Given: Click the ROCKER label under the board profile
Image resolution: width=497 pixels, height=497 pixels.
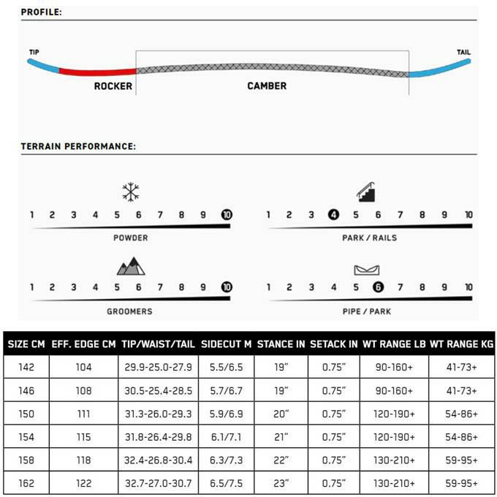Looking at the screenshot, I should tap(113, 86).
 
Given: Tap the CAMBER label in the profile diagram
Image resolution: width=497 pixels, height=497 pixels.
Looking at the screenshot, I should tap(267, 86).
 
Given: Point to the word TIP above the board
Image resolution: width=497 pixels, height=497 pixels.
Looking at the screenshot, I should tap(34, 53).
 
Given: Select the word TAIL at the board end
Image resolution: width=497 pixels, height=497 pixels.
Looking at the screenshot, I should tap(463, 53).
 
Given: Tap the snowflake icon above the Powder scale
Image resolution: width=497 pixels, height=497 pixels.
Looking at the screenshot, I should tap(131, 192).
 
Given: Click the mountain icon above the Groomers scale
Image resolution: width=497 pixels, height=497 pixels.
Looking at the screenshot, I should tap(131, 267).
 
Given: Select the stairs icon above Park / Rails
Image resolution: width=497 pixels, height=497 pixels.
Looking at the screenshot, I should tap(366, 191).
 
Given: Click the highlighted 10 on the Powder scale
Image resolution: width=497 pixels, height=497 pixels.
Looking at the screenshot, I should tap(227, 215).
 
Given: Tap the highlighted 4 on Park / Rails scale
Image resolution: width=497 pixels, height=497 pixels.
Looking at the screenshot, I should tap(333, 215).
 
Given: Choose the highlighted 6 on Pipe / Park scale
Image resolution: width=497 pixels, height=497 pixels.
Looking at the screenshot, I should tap(377, 287).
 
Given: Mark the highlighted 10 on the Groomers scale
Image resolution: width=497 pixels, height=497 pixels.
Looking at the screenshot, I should tap(227, 287).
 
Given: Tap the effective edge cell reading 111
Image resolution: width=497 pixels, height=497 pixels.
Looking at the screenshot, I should tap(83, 413).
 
